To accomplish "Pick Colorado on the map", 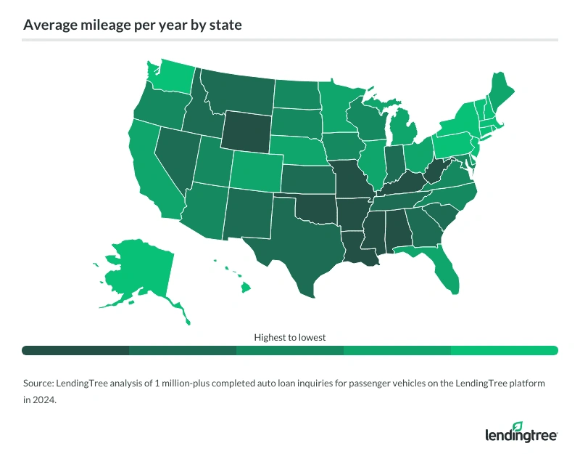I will click(256, 171).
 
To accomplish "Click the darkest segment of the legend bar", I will click(75, 350).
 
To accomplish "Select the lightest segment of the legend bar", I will click(504, 350).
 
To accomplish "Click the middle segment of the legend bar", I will click(290, 350).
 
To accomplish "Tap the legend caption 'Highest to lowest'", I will click(290, 337).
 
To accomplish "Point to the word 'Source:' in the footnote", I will click(39, 382).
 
